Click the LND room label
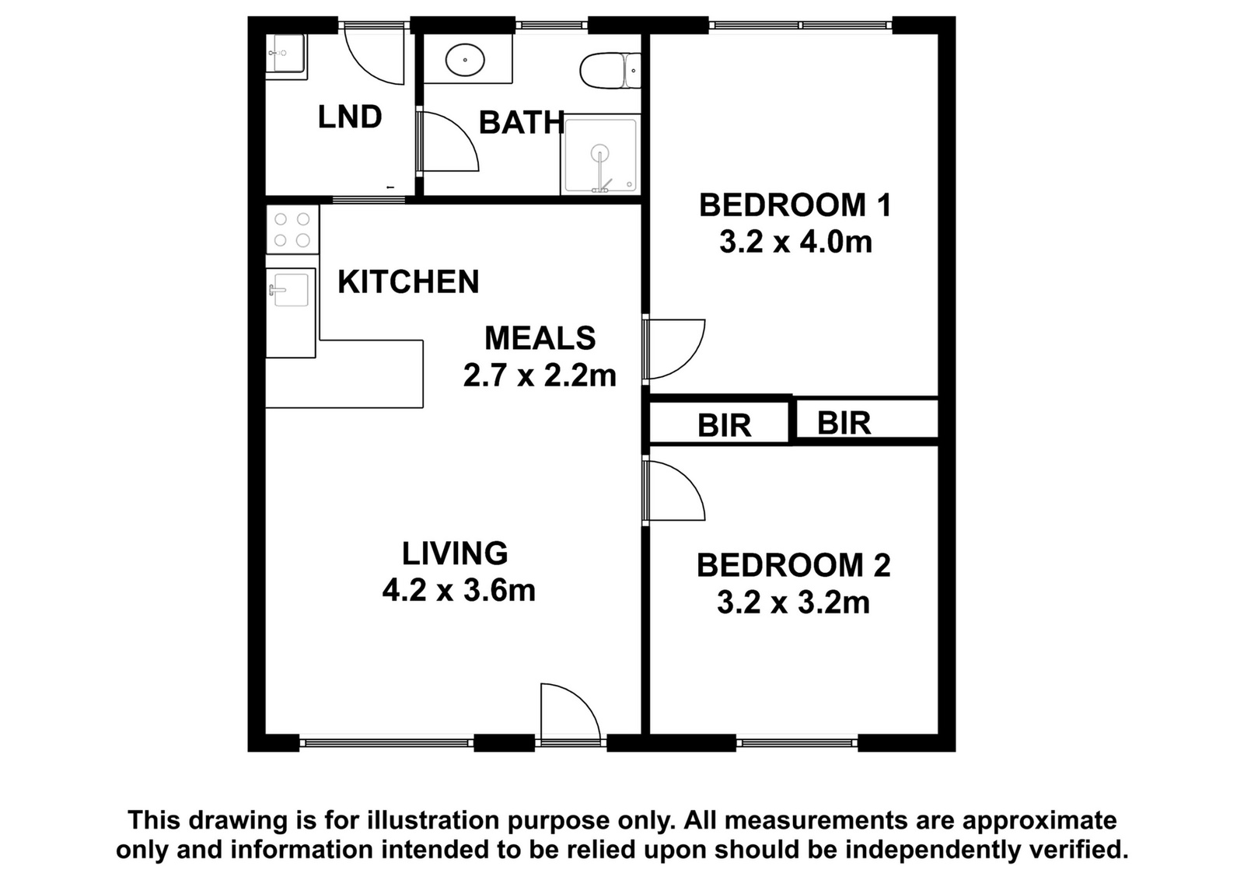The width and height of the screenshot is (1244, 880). pyautogui.click(x=349, y=117)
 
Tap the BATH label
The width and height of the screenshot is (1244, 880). pyautogui.click(x=521, y=123)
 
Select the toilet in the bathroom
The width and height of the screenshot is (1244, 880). pyautogui.click(x=610, y=71)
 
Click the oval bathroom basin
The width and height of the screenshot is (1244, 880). pyautogui.click(x=466, y=59)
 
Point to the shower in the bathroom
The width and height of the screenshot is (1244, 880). pyautogui.click(x=600, y=155)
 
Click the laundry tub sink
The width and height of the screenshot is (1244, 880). pyautogui.click(x=285, y=54)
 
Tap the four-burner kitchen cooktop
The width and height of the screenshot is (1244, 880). pyautogui.click(x=292, y=229)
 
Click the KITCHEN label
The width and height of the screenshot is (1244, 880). pyautogui.click(x=408, y=281)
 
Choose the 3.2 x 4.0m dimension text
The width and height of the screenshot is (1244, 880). pyautogui.click(x=795, y=243)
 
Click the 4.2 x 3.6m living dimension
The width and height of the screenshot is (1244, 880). pyautogui.click(x=459, y=590)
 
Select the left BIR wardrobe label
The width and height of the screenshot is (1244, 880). pyautogui.click(x=724, y=426)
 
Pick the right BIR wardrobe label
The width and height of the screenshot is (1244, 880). pyautogui.click(x=844, y=423)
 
